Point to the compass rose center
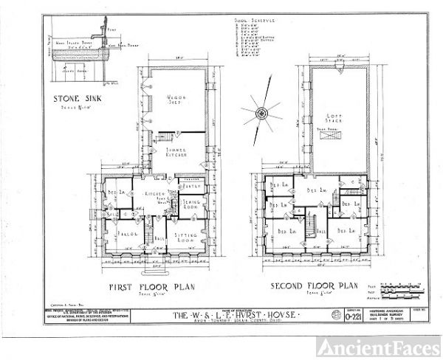[x=260, y=113]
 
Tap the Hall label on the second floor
[x=320, y=230]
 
